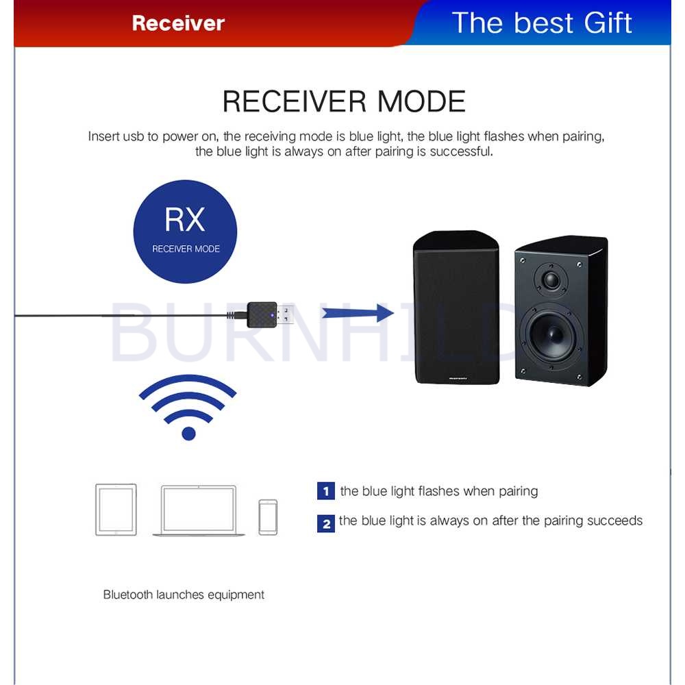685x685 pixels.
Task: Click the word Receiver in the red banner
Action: click(178, 23)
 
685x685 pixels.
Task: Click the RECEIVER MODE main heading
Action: click(344, 101)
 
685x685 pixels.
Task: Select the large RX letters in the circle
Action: click(185, 219)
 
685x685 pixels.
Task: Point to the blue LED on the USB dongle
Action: click(273, 316)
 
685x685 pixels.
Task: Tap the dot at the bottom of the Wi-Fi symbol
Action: click(188, 433)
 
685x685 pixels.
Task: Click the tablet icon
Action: click(116, 510)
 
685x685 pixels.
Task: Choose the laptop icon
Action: click(199, 511)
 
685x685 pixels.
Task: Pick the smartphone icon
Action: click(268, 516)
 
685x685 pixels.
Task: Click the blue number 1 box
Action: click(325, 491)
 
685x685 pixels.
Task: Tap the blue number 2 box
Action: click(325, 523)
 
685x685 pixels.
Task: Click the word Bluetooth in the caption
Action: click(128, 595)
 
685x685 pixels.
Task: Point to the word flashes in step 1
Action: click(438, 491)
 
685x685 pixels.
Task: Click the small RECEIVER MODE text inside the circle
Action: click(186, 249)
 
